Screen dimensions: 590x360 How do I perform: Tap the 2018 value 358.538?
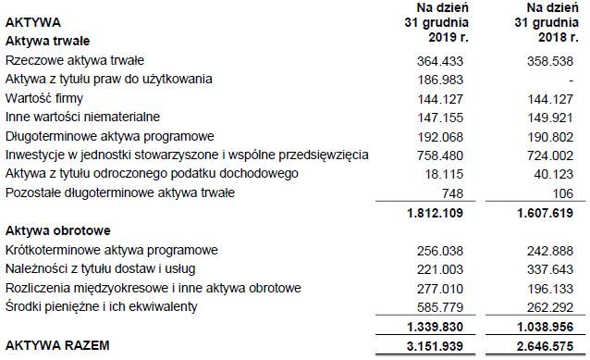point(550,60)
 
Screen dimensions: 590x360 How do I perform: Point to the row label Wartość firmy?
point(43,98)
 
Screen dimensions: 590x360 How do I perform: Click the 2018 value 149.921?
point(550,118)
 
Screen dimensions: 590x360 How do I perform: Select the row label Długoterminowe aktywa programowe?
point(109,136)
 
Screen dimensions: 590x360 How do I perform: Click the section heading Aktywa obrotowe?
point(58,230)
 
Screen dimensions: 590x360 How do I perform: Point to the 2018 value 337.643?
point(550,269)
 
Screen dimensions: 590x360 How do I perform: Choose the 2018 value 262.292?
point(550,307)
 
